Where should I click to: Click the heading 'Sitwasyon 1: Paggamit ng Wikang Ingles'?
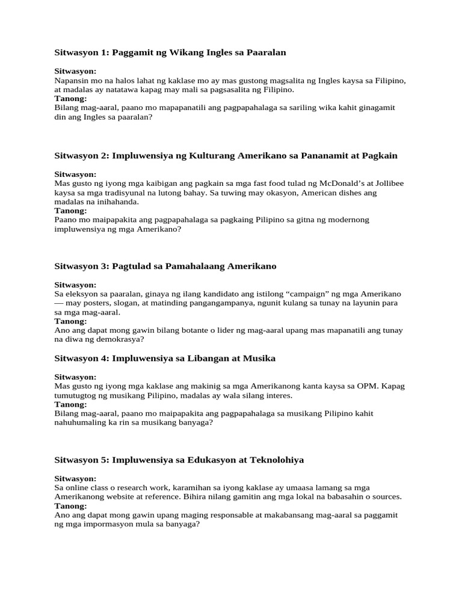[170, 52]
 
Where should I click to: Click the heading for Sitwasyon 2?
[226, 155]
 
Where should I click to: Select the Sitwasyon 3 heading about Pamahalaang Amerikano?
[165, 265]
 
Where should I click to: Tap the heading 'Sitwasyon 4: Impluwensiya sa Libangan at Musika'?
[165, 358]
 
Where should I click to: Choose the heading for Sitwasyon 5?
[179, 460]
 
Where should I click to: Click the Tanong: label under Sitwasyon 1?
[70, 98]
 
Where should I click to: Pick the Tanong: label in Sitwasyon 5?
[70, 506]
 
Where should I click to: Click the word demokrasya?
[121, 339]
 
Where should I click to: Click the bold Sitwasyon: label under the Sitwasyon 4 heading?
[75, 377]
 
